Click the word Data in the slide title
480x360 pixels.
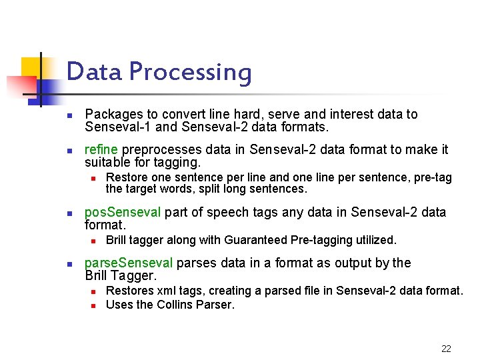coord(94,71)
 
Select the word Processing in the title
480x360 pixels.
coord(190,73)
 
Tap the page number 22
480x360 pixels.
coord(446,349)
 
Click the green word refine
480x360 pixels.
coord(101,149)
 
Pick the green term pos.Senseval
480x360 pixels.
coord(123,213)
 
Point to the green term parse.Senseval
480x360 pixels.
coord(129,263)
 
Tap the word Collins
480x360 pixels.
coord(179,305)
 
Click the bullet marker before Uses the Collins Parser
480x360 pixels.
coord(94,305)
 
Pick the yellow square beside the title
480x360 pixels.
coord(31,67)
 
